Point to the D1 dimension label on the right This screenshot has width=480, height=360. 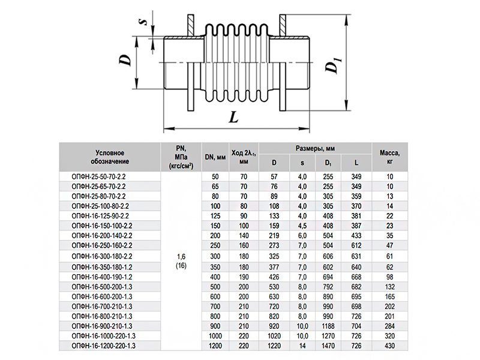(333, 63)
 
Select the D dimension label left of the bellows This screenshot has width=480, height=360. (125, 60)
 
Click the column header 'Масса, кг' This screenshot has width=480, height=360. (389, 157)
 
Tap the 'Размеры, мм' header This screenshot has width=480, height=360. (315, 148)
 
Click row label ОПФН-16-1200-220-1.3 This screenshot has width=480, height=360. (103, 346)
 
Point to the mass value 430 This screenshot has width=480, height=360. (389, 346)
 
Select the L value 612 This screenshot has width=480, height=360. (356, 246)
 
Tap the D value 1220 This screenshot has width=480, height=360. (274, 346)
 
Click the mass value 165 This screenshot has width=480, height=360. (389, 296)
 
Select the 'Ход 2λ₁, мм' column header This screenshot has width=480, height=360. (244, 157)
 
